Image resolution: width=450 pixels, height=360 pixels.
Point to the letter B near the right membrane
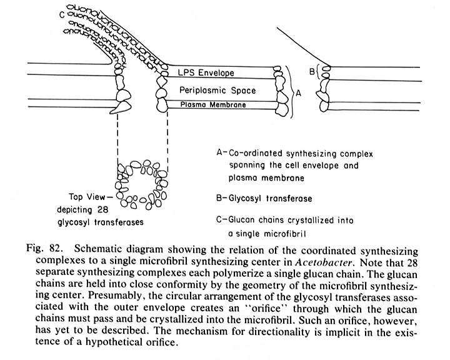click(x=312, y=71)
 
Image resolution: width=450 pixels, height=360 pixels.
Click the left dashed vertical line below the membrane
click(x=118, y=141)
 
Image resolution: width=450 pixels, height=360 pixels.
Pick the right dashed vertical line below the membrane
click(x=167, y=141)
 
